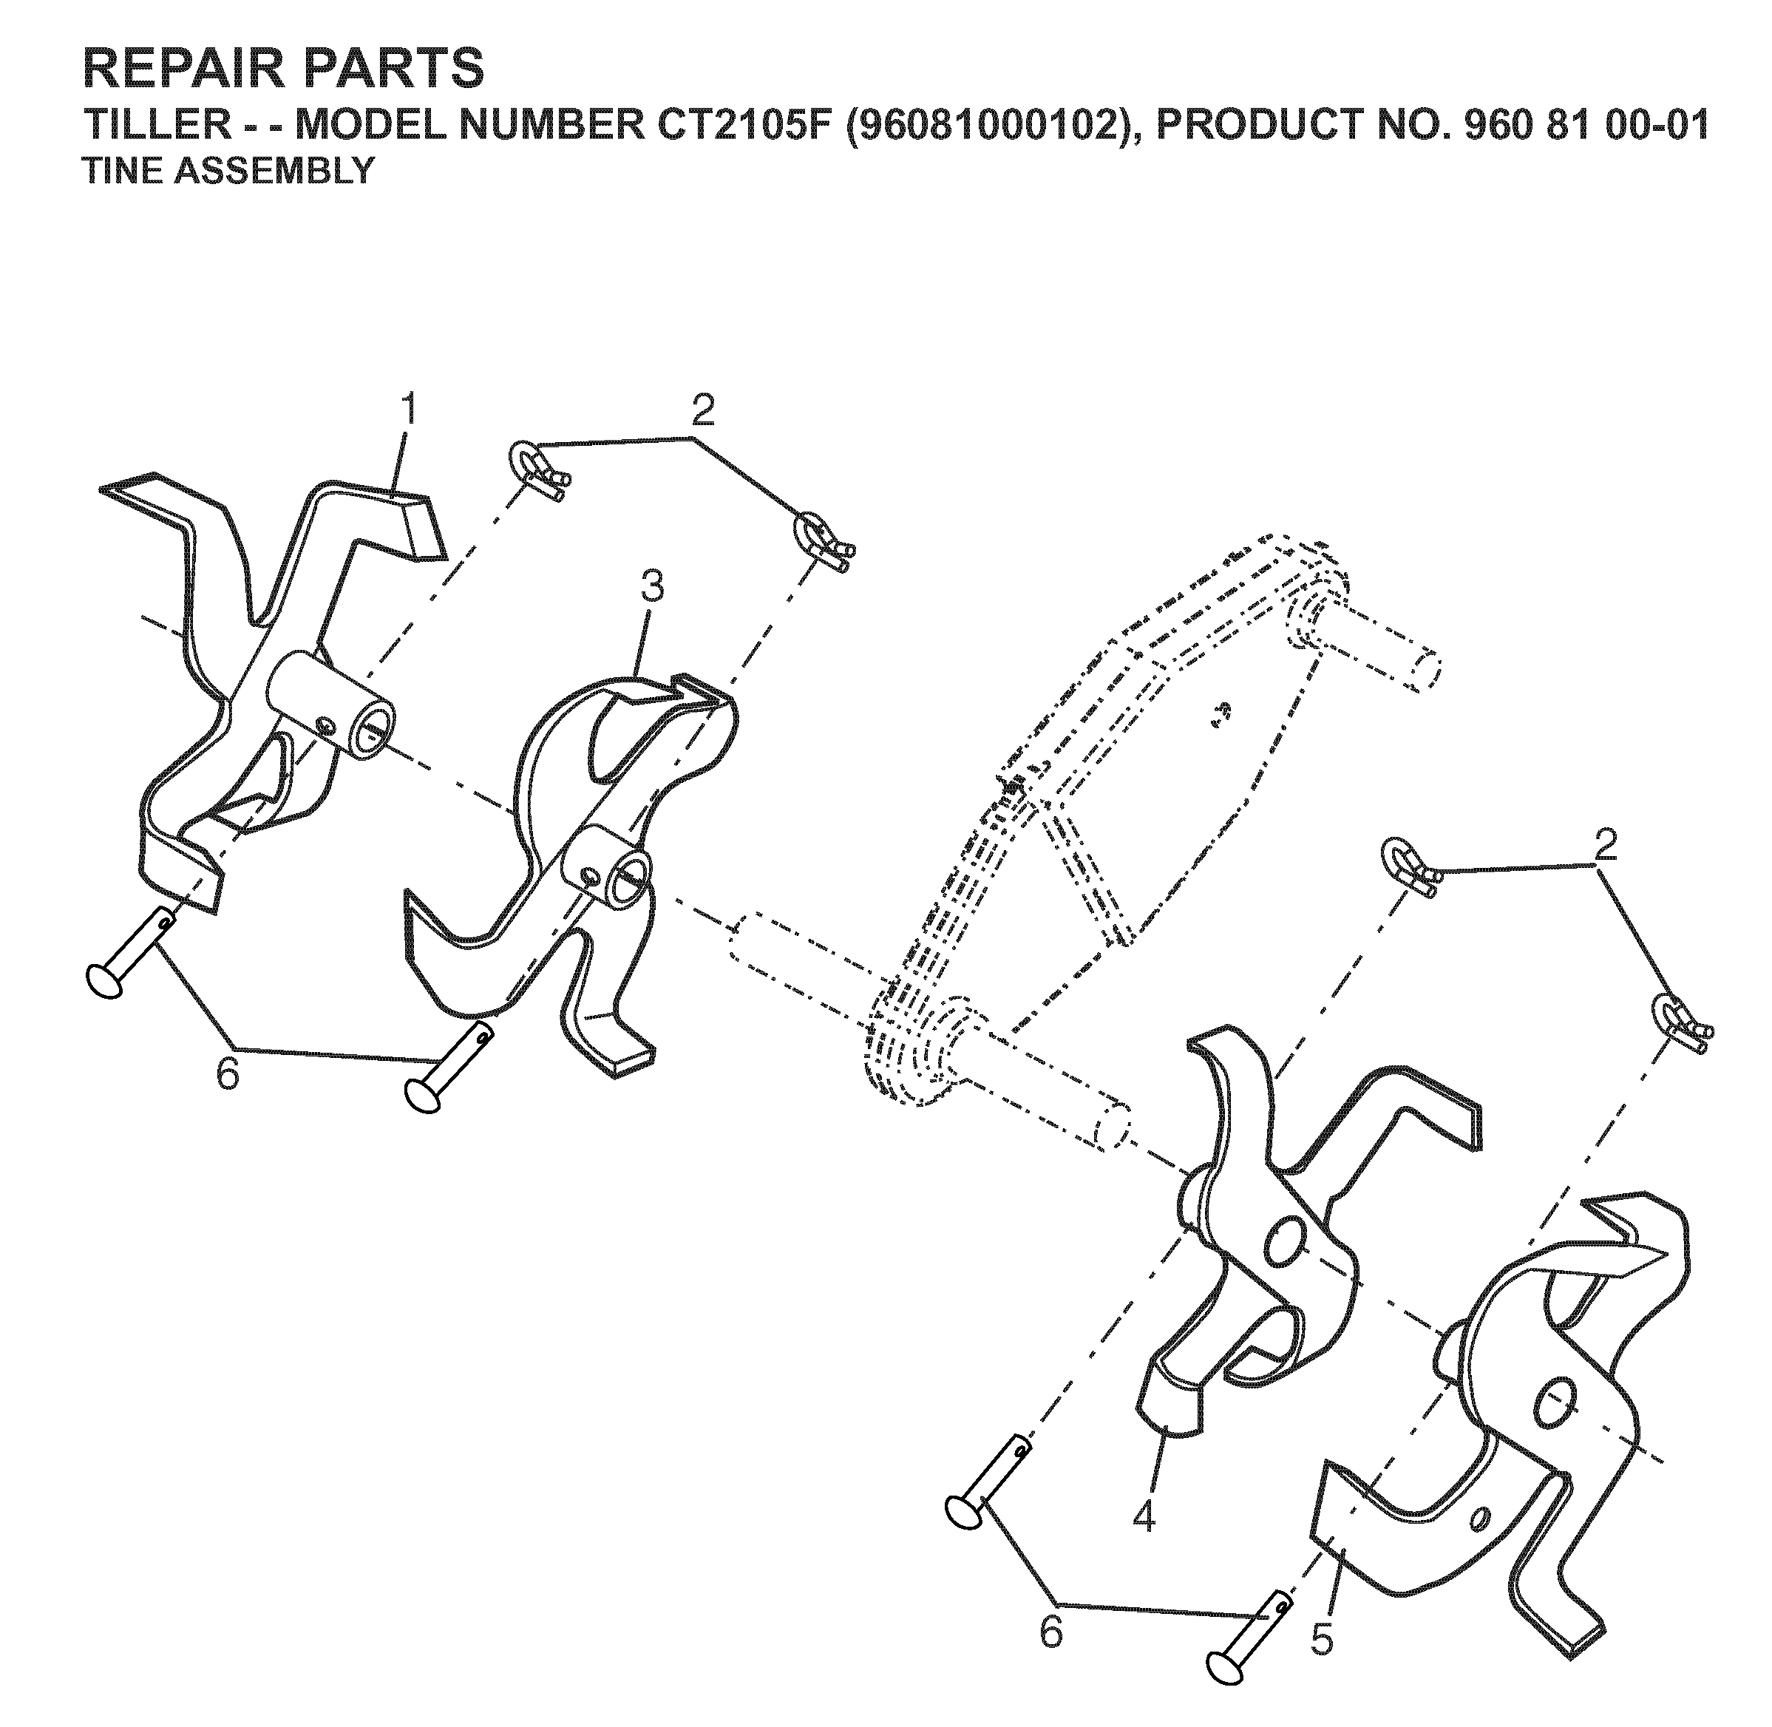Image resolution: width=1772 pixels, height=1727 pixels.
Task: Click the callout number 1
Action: pyautogui.click(x=410, y=411)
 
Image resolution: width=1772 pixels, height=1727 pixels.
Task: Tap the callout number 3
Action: pyautogui.click(x=652, y=588)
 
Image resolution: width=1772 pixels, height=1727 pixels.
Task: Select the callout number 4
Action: pyautogui.click(x=1145, y=1515)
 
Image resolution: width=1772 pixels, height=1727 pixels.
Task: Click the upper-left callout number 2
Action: pyautogui.click(x=703, y=410)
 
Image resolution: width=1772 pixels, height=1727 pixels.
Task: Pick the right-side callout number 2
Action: pyautogui.click(x=1605, y=846)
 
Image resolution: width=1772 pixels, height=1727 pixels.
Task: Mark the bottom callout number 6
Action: pyautogui.click(x=1050, y=1632)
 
